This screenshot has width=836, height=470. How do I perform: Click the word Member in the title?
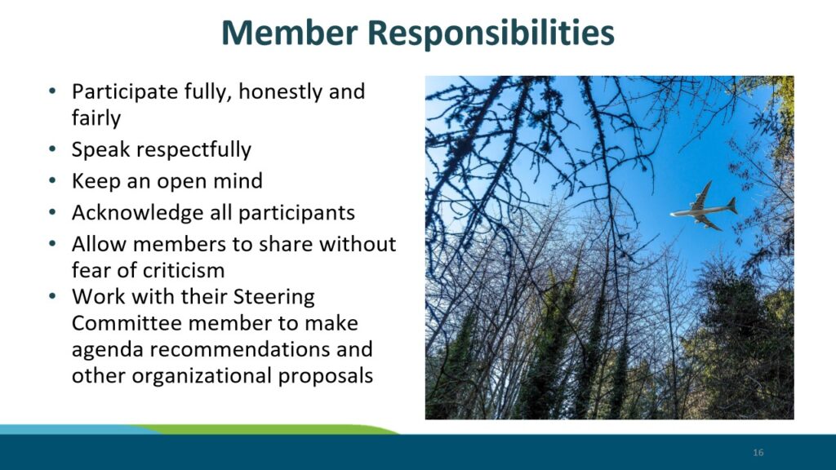[290, 33]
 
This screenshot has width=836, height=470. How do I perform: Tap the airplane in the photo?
[704, 206]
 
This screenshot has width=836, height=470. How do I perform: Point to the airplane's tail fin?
[732, 205]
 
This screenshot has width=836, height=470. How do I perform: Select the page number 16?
[758, 452]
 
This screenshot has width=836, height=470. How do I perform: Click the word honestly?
[281, 92]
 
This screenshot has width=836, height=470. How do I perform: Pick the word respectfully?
[193, 150]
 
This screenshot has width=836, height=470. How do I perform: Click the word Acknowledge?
[138, 213]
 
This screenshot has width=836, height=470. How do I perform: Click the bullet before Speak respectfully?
[51, 149]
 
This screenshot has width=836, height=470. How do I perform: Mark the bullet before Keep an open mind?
[51, 180]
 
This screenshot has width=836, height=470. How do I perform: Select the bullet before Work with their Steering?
[51, 296]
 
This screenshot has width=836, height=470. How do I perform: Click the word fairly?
[96, 118]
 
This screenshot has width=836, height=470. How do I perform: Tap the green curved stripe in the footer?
[267, 429]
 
